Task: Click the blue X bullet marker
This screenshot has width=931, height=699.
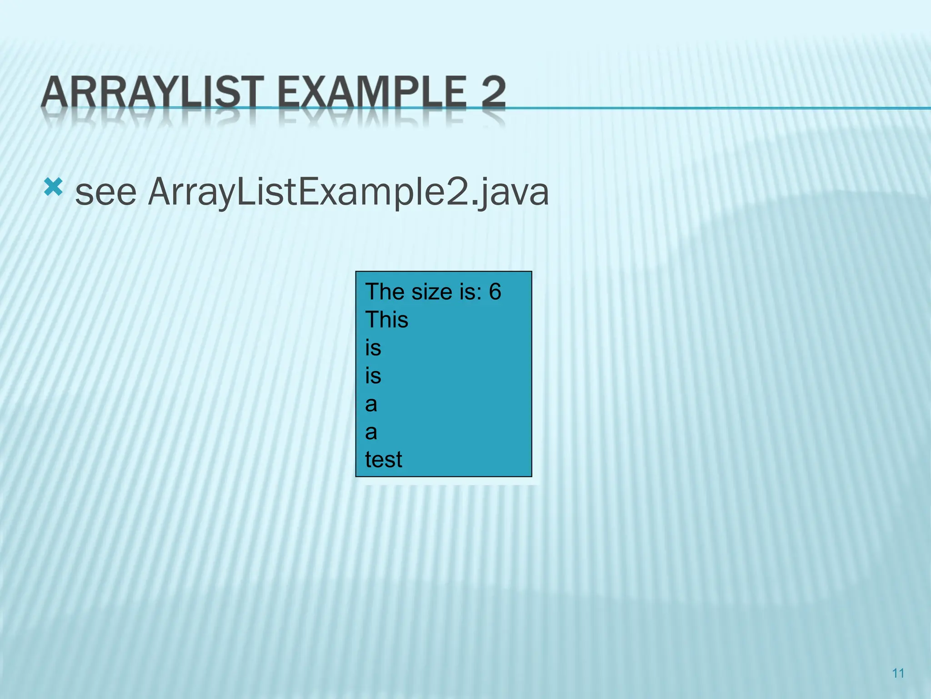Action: [x=53, y=187]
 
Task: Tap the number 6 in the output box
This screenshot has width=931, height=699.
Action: [x=495, y=292]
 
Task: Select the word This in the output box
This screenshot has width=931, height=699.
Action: [x=386, y=320]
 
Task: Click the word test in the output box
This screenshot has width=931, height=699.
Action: [x=383, y=460]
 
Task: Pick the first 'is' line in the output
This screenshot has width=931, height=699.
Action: [x=373, y=348]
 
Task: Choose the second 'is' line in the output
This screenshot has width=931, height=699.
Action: [x=373, y=376]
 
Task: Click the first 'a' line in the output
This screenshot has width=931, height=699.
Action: [x=371, y=404]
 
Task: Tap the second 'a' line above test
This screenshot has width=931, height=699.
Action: [x=371, y=432]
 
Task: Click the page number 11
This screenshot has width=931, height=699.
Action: [x=898, y=673]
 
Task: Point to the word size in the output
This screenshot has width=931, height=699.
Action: [x=432, y=292]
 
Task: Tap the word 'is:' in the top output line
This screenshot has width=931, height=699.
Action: [x=471, y=292]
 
